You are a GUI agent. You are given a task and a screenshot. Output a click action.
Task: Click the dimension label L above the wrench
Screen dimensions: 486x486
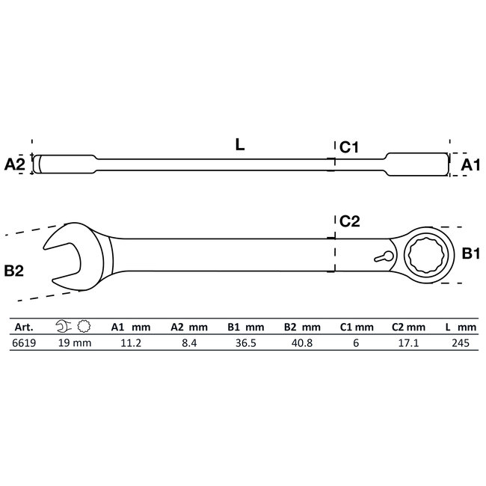[239, 146]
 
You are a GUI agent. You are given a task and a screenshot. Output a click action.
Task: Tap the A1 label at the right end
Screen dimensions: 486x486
[469, 164]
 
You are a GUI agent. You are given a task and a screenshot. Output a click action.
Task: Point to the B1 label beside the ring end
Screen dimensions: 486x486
[470, 254]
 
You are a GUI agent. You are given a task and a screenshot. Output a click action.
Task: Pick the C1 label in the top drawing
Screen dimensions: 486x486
[350, 148]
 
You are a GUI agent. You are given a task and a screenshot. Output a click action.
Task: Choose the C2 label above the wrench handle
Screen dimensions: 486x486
[350, 221]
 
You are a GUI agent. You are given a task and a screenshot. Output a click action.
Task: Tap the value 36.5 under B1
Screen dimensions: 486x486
[244, 346]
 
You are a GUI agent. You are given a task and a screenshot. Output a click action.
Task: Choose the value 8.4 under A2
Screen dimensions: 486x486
[187, 346]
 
